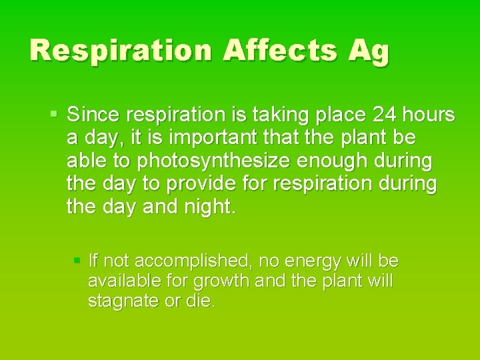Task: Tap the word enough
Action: click(333, 161)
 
